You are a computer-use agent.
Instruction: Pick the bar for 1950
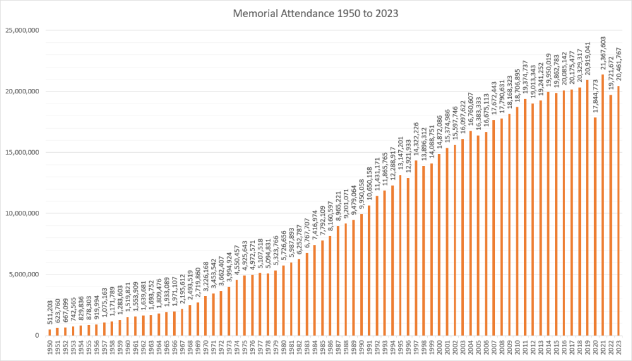(x=50, y=332)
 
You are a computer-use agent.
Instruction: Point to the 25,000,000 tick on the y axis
(x=22, y=30)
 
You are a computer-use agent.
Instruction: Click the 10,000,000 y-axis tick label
(x=22, y=213)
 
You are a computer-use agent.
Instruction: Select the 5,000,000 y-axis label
(x=24, y=275)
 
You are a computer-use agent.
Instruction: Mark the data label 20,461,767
(x=618, y=64)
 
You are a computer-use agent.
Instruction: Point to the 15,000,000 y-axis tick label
(x=22, y=152)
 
